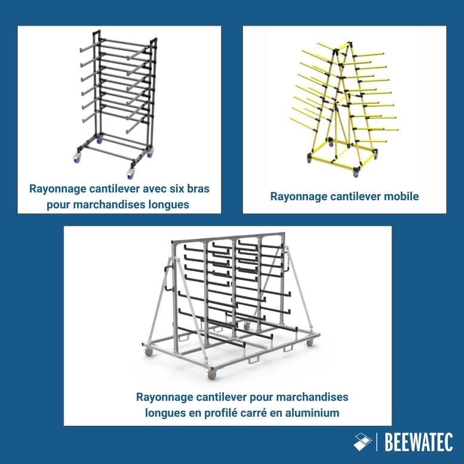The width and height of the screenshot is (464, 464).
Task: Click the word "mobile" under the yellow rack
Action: [401, 196]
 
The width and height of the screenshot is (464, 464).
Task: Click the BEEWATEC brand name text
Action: [419, 443]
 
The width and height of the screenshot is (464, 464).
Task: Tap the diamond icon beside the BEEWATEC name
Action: [362, 442]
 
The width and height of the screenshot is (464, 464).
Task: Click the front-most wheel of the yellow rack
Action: [357, 173]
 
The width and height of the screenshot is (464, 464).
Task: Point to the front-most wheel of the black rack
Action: [130, 173]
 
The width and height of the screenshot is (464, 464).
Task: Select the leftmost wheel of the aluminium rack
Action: [149, 352]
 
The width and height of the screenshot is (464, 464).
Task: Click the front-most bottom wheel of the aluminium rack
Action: [211, 375]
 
